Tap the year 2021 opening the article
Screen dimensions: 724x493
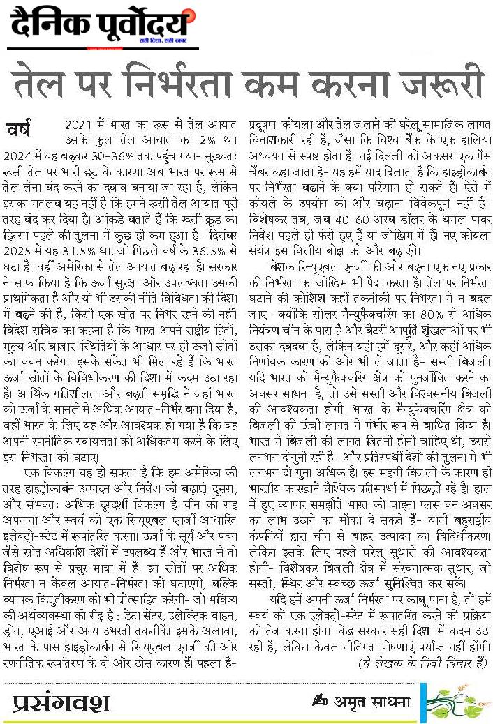pyautogui.click(x=79, y=123)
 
